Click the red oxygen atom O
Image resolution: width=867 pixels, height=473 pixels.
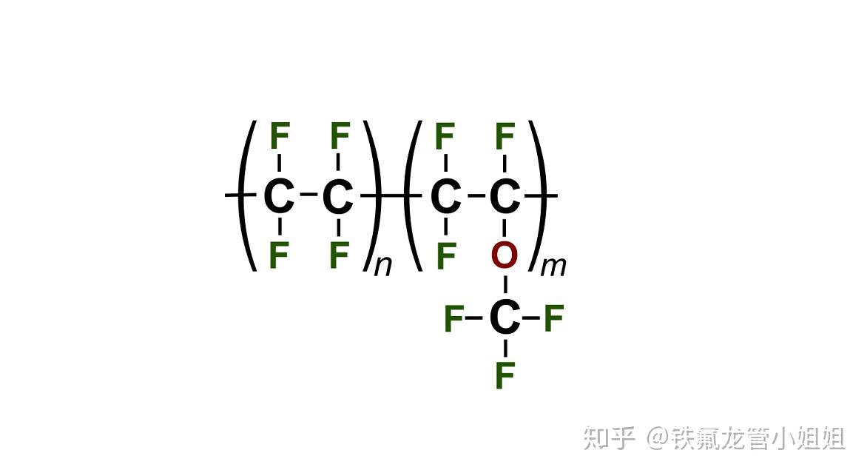(x=505, y=255)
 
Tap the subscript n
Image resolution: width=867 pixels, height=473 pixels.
(x=382, y=266)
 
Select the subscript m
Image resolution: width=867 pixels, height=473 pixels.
(x=553, y=266)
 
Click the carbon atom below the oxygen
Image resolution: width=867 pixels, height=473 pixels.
(x=505, y=319)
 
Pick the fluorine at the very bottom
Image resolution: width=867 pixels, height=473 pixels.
(x=505, y=375)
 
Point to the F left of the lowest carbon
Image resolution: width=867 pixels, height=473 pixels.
(x=453, y=320)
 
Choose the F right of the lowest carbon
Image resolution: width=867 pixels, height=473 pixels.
(x=553, y=320)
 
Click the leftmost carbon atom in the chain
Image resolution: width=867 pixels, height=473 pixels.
(x=279, y=197)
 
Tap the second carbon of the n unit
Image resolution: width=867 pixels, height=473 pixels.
(x=338, y=197)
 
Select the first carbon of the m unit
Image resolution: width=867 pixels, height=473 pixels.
(x=445, y=197)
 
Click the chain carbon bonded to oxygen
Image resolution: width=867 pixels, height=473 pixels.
(x=505, y=197)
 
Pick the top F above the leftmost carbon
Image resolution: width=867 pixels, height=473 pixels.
(x=279, y=137)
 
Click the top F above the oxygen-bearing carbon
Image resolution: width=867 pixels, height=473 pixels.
(x=505, y=137)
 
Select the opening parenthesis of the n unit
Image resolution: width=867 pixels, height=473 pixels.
(x=249, y=195)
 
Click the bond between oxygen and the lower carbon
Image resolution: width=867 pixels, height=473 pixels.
(x=505, y=286)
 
